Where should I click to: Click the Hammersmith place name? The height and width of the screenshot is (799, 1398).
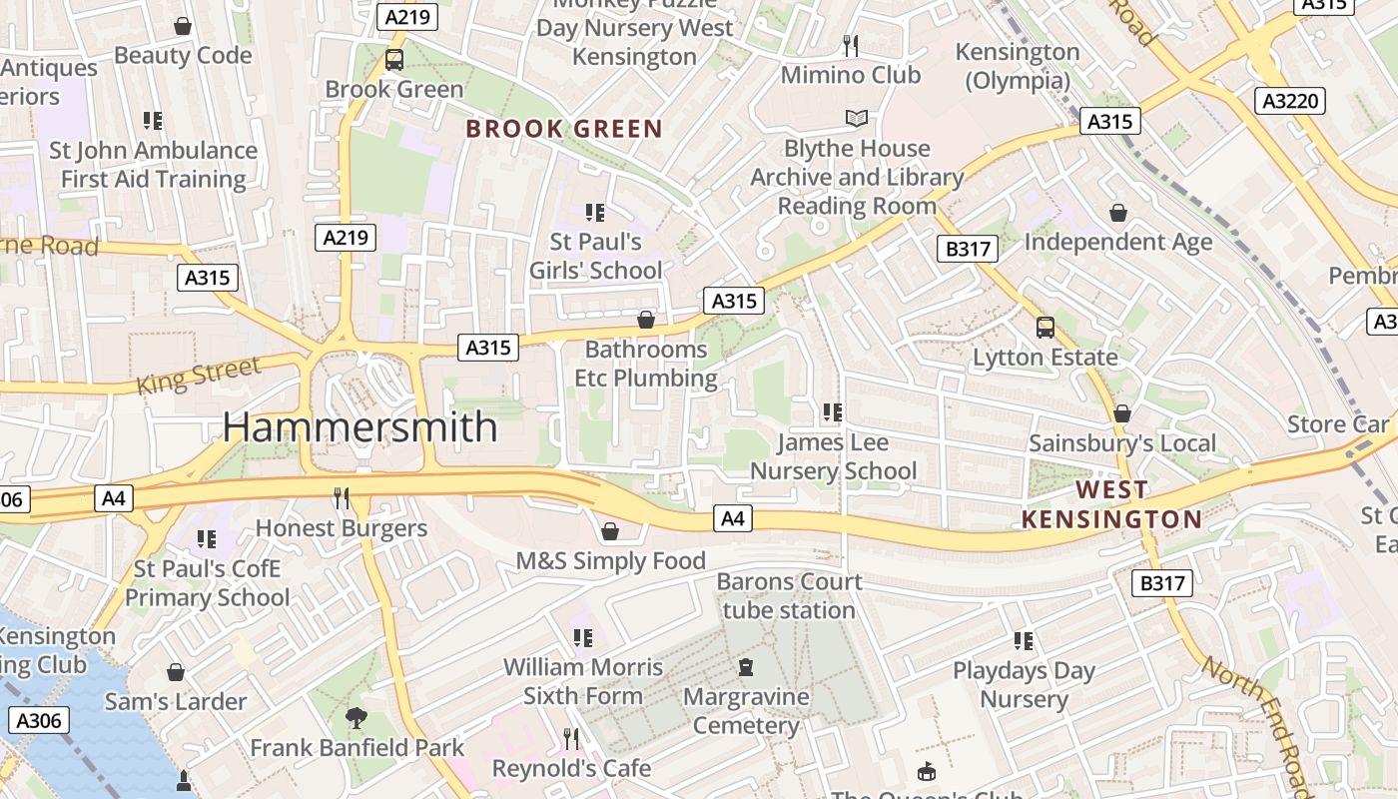point(359,426)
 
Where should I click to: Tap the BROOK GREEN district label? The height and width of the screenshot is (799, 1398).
point(564,129)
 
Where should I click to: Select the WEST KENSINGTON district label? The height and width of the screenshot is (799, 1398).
point(1111,504)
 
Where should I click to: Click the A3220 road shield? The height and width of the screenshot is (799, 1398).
point(1289,101)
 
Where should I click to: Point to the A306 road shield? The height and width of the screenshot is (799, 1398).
point(38,720)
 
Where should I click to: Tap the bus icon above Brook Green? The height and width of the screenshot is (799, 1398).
point(394,60)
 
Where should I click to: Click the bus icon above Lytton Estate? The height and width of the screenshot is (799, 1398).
point(1046,328)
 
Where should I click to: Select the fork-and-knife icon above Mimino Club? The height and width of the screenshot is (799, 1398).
point(851,46)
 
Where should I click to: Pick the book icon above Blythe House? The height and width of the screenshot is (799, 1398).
point(857,119)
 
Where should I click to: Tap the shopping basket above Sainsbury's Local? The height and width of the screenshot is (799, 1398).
point(1122,413)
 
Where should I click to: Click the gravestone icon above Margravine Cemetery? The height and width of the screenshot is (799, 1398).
point(746,667)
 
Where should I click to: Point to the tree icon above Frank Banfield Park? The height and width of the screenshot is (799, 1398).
point(355,718)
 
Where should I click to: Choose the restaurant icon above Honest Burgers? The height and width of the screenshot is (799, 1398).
point(342,498)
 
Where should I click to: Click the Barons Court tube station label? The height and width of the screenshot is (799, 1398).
point(789,595)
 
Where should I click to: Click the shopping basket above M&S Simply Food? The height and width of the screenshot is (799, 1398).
point(610,531)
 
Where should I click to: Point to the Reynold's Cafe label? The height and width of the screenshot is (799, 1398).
point(572,768)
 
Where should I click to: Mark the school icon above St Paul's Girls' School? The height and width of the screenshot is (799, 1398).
point(595,213)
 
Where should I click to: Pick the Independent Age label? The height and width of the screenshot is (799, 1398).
point(1118,242)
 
